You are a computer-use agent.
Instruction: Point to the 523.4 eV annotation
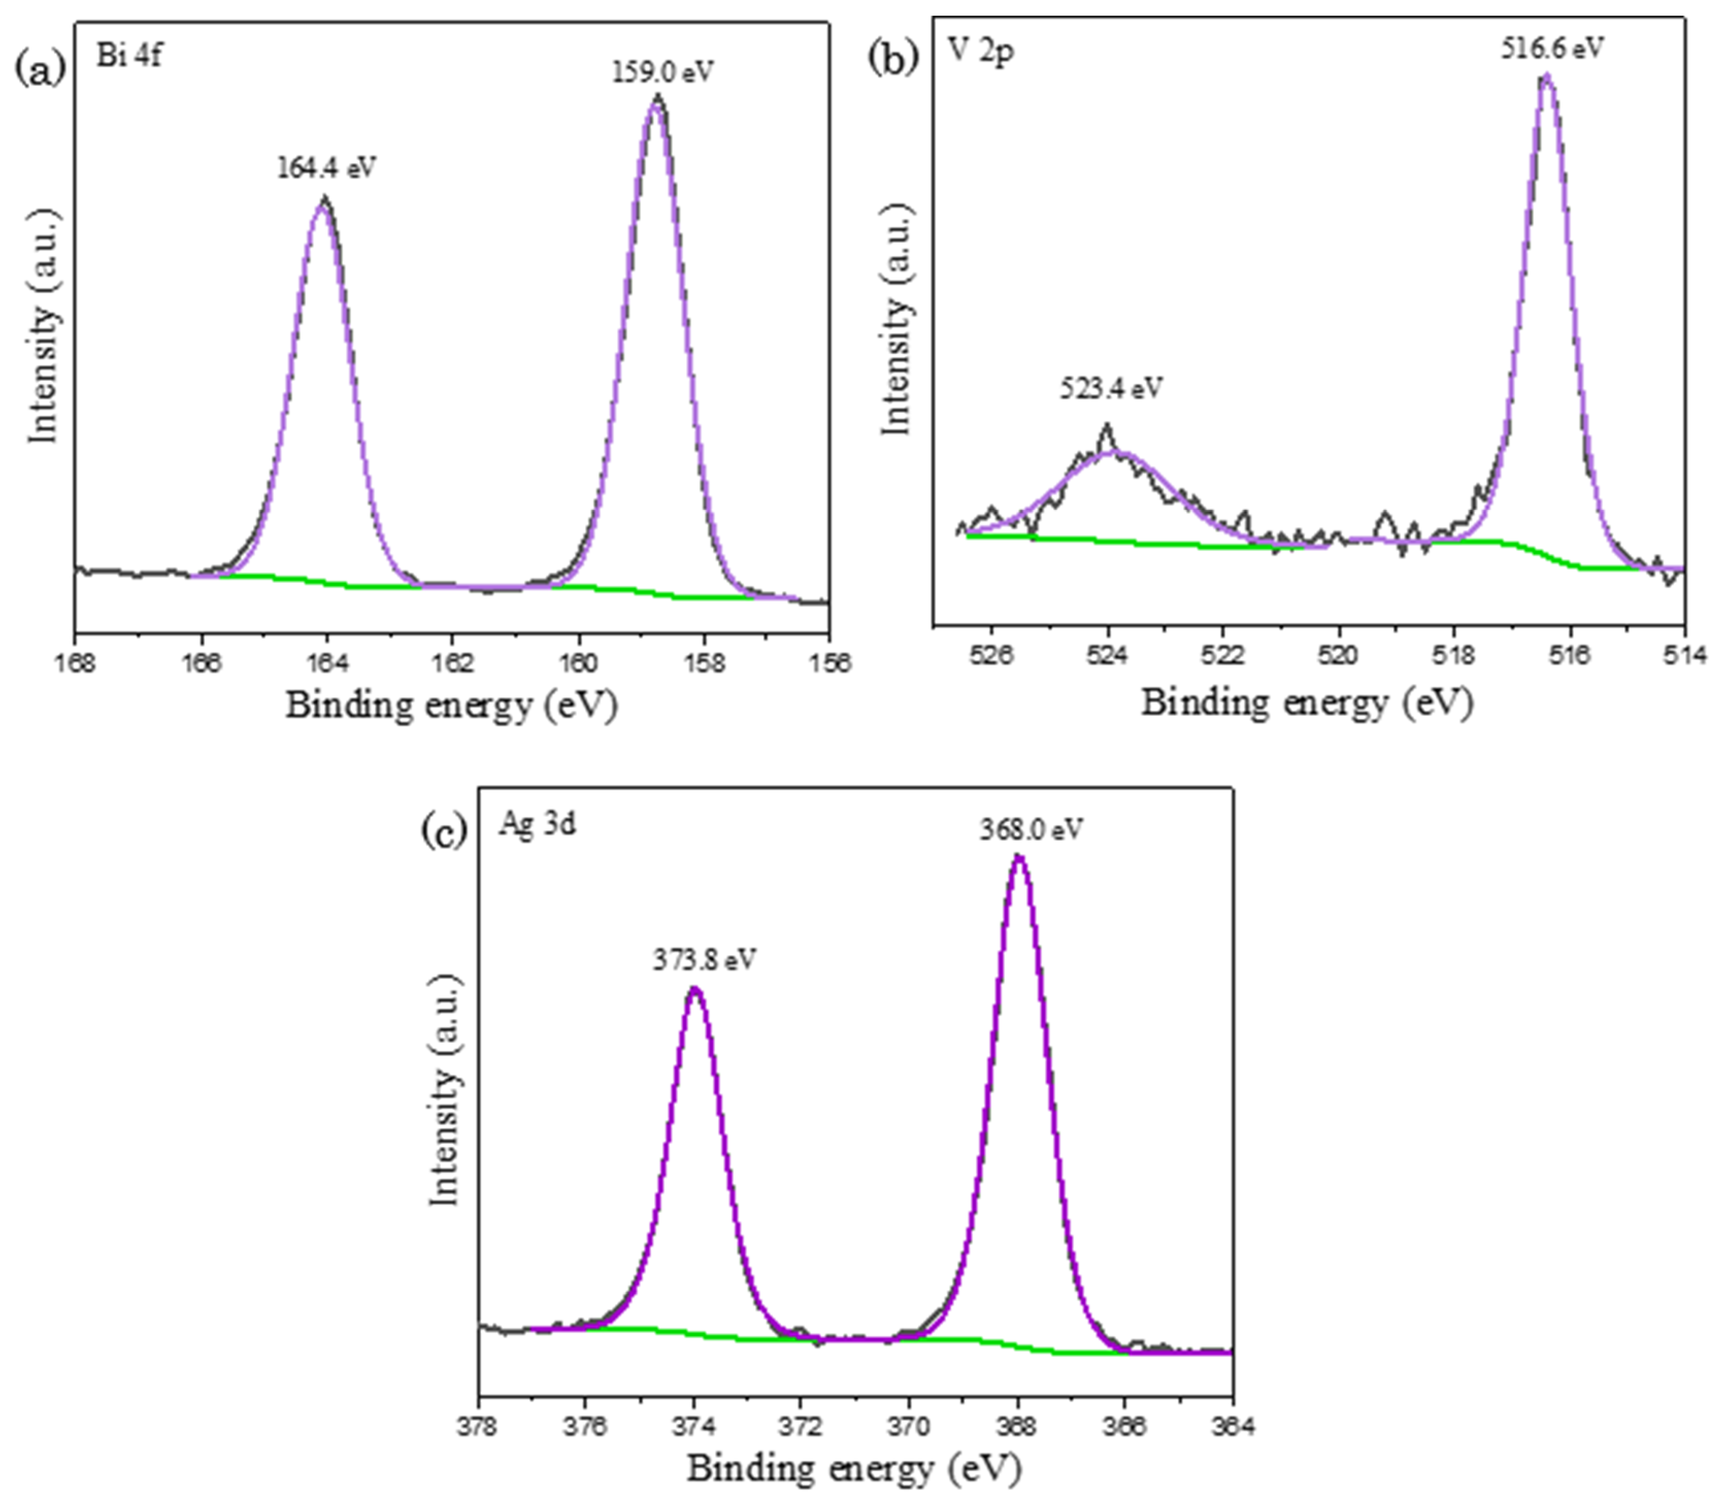(x=1111, y=389)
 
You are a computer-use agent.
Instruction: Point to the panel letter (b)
(x=893, y=59)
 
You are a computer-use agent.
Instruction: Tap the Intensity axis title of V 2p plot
(x=897, y=319)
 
